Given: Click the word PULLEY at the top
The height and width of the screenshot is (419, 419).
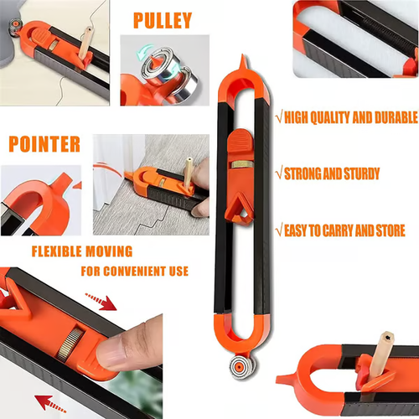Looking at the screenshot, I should (162, 19).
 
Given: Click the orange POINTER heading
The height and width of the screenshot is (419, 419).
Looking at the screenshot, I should (44, 143).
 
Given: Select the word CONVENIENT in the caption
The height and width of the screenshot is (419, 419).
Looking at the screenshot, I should (133, 272).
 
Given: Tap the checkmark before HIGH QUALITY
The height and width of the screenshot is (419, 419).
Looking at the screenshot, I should (279, 116).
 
